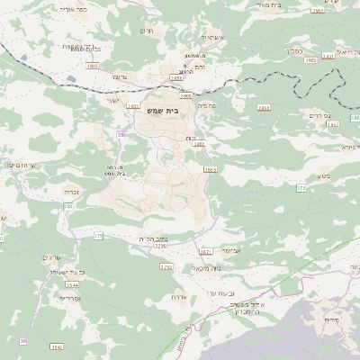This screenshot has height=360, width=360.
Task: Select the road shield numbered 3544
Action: point(57,346)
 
